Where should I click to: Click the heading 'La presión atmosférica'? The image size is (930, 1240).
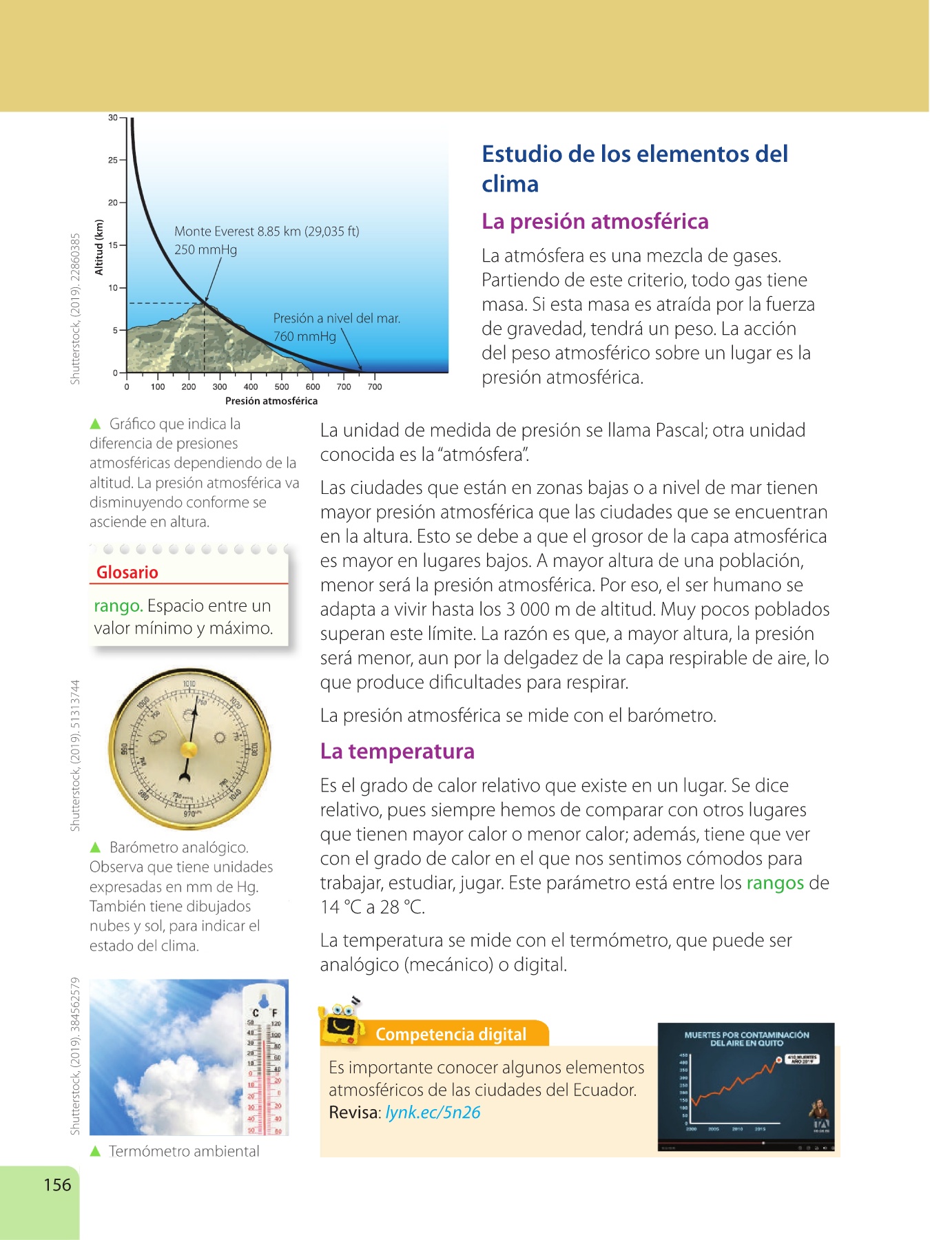tap(595, 221)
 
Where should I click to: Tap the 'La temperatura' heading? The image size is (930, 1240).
tap(397, 751)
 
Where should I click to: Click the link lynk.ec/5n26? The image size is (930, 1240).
tap(433, 1113)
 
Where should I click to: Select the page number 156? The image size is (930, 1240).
tap(57, 1185)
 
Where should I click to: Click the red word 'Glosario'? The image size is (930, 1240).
tap(127, 572)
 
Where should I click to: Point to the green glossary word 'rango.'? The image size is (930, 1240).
tap(118, 606)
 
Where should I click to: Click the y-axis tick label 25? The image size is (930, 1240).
tap(112, 160)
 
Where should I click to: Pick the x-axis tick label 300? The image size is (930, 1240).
tap(220, 387)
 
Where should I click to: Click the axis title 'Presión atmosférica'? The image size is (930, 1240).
tap(271, 401)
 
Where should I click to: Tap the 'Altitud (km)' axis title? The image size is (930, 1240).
tap(99, 247)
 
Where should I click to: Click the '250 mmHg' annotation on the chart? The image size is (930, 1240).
tap(205, 249)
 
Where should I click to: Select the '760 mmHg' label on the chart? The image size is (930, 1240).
tap(304, 336)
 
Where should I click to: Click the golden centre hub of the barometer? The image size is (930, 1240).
tap(188, 748)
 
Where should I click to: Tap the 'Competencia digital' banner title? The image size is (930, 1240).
tap(451, 1034)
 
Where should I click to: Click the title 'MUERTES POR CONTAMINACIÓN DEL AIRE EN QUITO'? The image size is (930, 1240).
tap(746, 1039)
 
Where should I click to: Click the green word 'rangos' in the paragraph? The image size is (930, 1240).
tap(775, 883)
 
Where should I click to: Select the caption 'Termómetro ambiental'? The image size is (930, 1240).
tap(184, 1151)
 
